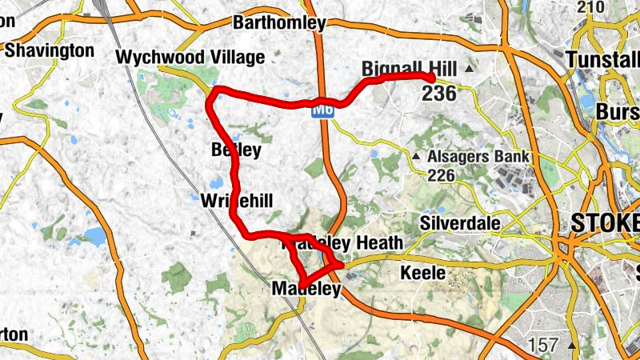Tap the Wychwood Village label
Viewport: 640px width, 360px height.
pos(190,58)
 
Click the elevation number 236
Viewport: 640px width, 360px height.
pos(440,94)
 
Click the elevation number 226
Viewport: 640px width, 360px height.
pos(443,174)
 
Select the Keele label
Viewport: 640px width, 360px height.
pos(422,274)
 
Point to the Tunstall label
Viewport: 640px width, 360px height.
pos(602,60)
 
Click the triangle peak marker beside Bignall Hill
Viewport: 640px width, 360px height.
pos(470,70)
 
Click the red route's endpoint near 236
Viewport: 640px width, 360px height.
pos(431,78)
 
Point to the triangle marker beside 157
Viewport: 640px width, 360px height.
pos(571,346)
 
